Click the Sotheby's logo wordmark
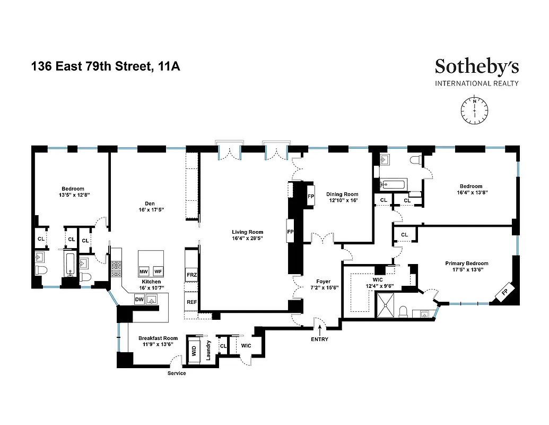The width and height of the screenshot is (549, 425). click(x=476, y=66)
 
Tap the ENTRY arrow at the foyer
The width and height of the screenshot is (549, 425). click(x=320, y=331)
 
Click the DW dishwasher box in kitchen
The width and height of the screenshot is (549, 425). click(x=139, y=300)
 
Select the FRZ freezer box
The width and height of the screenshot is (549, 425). click(x=191, y=275)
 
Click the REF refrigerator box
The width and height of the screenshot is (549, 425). click(x=191, y=301)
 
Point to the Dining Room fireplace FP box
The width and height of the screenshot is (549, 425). click(x=311, y=195)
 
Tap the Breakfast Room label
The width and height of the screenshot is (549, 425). click(x=158, y=338)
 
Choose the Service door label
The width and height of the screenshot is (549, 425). click(x=177, y=373)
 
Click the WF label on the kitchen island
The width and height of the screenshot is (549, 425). click(x=158, y=271)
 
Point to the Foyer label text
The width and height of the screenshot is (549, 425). click(x=324, y=281)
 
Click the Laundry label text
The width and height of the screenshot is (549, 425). click(x=208, y=351)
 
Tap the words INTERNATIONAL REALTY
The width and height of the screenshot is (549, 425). click(x=476, y=83)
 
